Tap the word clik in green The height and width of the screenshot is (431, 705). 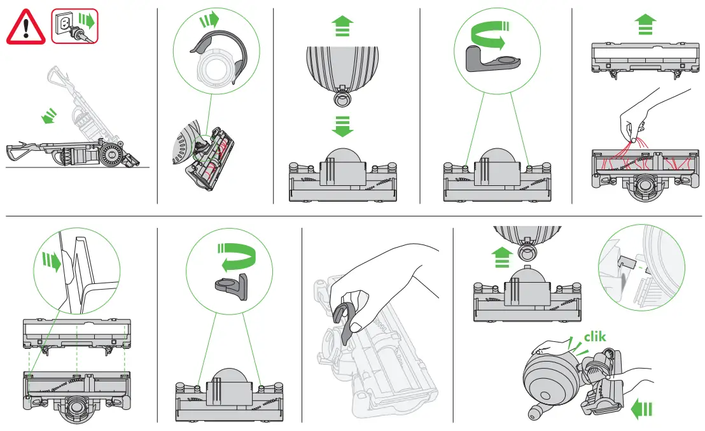(x=594, y=337)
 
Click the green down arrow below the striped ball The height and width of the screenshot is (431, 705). (x=342, y=126)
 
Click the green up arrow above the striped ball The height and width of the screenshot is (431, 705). (x=342, y=27)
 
